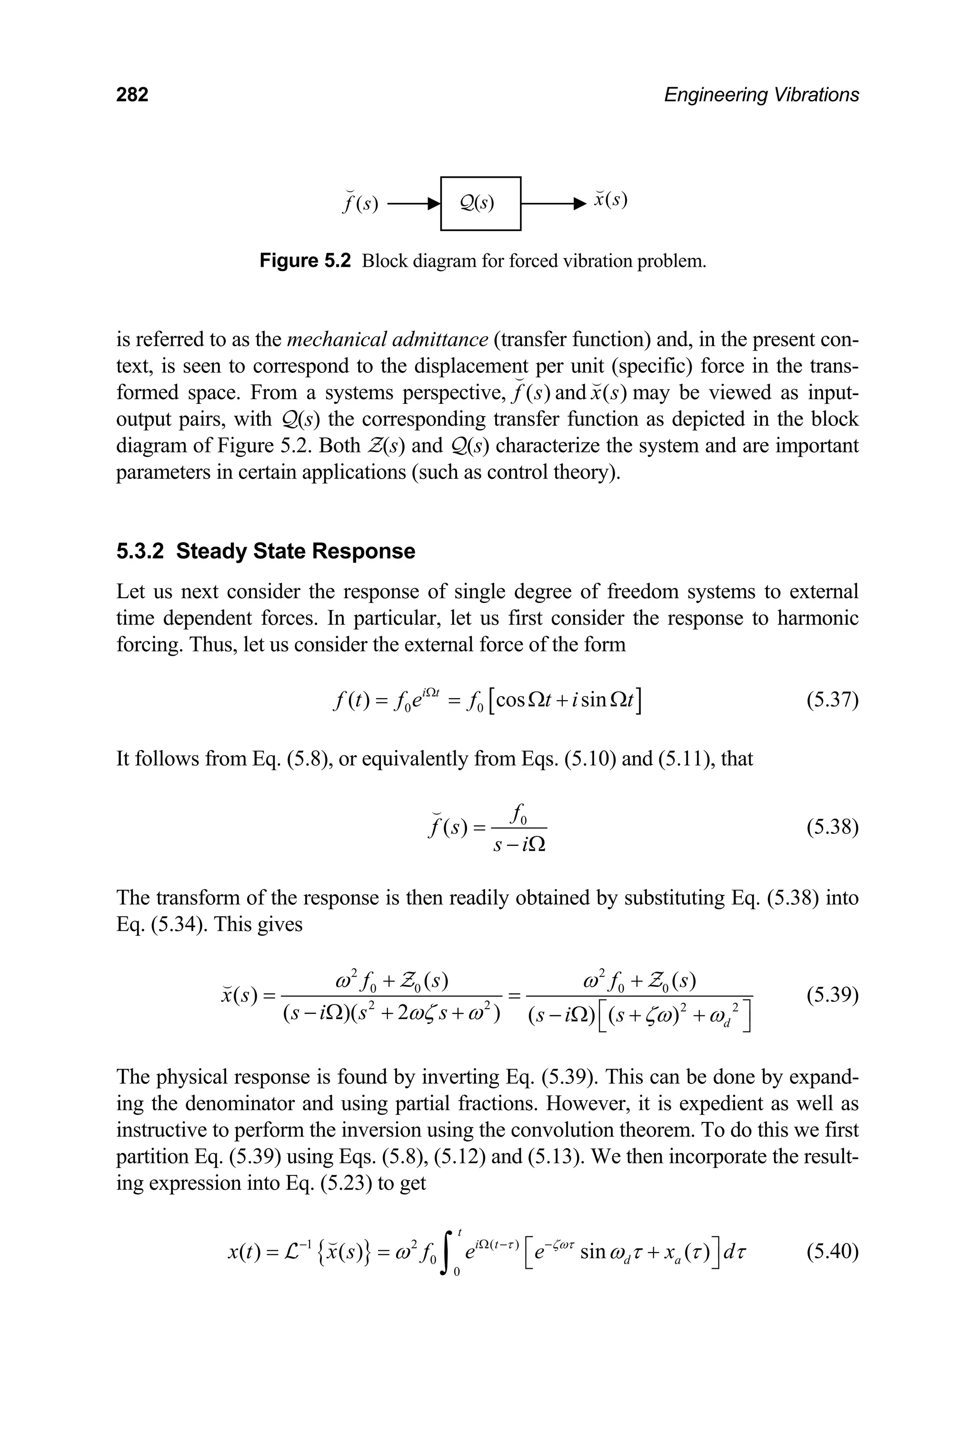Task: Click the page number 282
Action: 132,95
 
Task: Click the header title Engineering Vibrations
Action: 761,95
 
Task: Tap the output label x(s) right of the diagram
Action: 610,200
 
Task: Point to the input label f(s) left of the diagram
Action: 360,203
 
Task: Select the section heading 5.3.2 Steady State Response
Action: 266,551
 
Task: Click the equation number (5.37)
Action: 832,701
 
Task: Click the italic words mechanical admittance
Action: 388,340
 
